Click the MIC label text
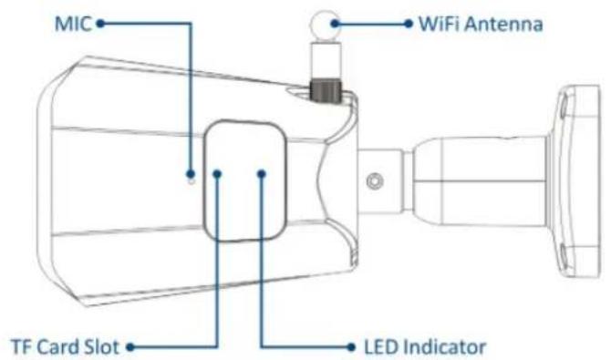pos(73,24)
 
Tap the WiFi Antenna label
pos(481,24)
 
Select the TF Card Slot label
pos(65,346)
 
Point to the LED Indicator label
pos(425,346)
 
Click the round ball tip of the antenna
pos(325,26)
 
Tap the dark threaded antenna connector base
pos(325,91)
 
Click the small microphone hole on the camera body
pos(191,181)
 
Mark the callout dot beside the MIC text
pos(100,24)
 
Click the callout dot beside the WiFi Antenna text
pos(409,24)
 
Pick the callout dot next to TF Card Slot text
pos(130,346)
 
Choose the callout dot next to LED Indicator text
pos(351,346)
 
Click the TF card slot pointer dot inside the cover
pos(217,174)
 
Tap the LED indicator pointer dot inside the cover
pos(262,174)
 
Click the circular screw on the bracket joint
pos(375,181)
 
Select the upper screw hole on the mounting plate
pos(564,110)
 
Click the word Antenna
pos(503,24)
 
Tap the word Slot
pos(104,346)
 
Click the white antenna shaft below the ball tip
pos(325,60)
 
